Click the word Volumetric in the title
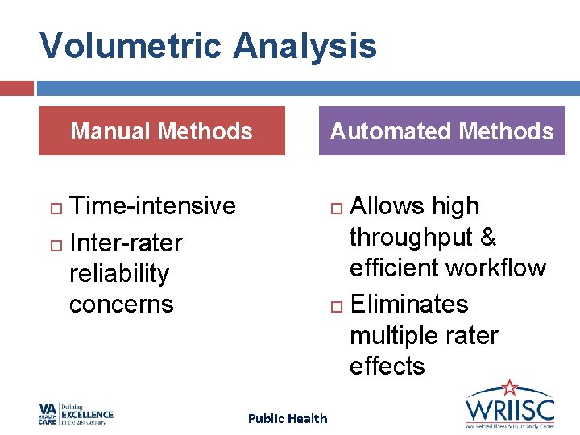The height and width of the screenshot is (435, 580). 131,47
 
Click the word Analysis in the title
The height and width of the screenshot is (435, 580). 305,47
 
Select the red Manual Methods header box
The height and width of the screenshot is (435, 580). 162,130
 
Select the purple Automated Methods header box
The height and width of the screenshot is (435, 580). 442,130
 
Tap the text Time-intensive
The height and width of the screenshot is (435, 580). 152,206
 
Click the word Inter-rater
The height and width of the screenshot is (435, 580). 126,242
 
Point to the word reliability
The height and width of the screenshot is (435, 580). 119,273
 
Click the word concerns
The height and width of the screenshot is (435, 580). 122,304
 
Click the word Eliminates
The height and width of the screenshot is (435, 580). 409,304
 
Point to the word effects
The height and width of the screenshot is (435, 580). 387,366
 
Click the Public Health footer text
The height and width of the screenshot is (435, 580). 288,418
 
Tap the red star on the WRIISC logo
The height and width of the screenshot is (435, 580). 509,388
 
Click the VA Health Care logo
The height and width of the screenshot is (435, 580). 77,414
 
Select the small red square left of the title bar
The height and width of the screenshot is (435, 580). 16,88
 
